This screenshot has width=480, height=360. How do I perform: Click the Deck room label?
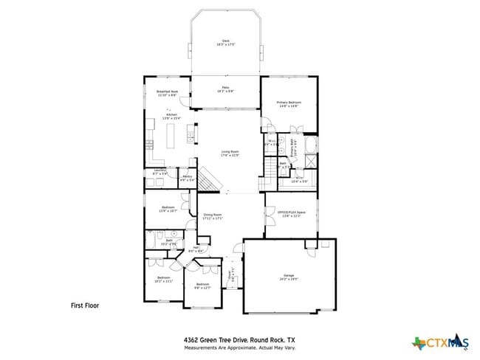(225, 43)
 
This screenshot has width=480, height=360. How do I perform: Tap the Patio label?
(225, 89)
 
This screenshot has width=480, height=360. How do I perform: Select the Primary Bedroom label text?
(288, 103)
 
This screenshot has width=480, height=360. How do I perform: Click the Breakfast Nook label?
(167, 93)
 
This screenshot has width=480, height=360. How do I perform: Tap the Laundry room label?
(160, 173)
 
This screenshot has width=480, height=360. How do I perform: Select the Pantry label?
(188, 178)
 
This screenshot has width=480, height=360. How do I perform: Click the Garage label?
(287, 277)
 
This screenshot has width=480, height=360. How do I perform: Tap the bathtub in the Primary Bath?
(311, 143)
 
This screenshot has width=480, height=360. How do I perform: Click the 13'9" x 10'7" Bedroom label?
(168, 209)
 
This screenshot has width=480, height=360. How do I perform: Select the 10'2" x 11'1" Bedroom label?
(162, 280)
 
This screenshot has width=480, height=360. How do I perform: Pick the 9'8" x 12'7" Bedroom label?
(202, 285)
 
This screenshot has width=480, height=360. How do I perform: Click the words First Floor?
(84, 305)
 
